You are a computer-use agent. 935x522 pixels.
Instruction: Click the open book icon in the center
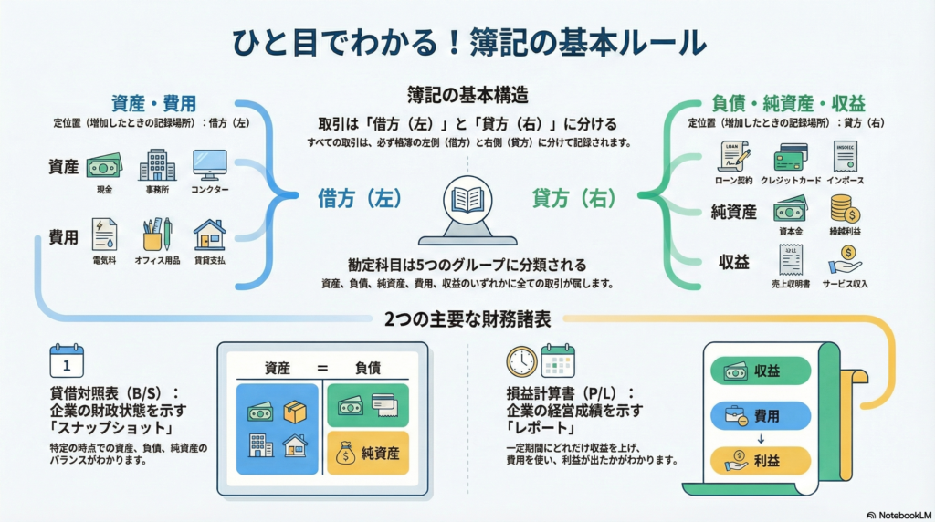coord(467,200)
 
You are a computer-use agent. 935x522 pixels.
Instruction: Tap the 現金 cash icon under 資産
coord(103,166)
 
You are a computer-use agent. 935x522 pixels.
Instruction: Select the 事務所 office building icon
coord(157,165)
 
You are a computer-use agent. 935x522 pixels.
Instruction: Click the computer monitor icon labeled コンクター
coord(209,165)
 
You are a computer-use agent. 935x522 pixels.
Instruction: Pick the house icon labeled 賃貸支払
coord(209,235)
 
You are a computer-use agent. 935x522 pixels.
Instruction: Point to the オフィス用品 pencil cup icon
coord(156,235)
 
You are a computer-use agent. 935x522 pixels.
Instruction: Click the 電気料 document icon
coord(104,235)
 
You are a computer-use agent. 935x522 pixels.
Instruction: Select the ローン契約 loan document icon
coord(733,156)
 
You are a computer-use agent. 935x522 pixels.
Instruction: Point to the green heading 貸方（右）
coord(573,197)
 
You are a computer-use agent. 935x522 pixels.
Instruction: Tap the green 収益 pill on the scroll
coord(761,371)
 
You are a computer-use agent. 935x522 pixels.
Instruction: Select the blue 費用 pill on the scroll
coord(761,415)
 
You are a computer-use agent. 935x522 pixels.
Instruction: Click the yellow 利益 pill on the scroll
coord(761,460)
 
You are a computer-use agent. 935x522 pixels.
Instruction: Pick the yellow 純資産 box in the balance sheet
coord(368,453)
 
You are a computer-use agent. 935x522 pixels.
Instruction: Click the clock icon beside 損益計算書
coord(521,360)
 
